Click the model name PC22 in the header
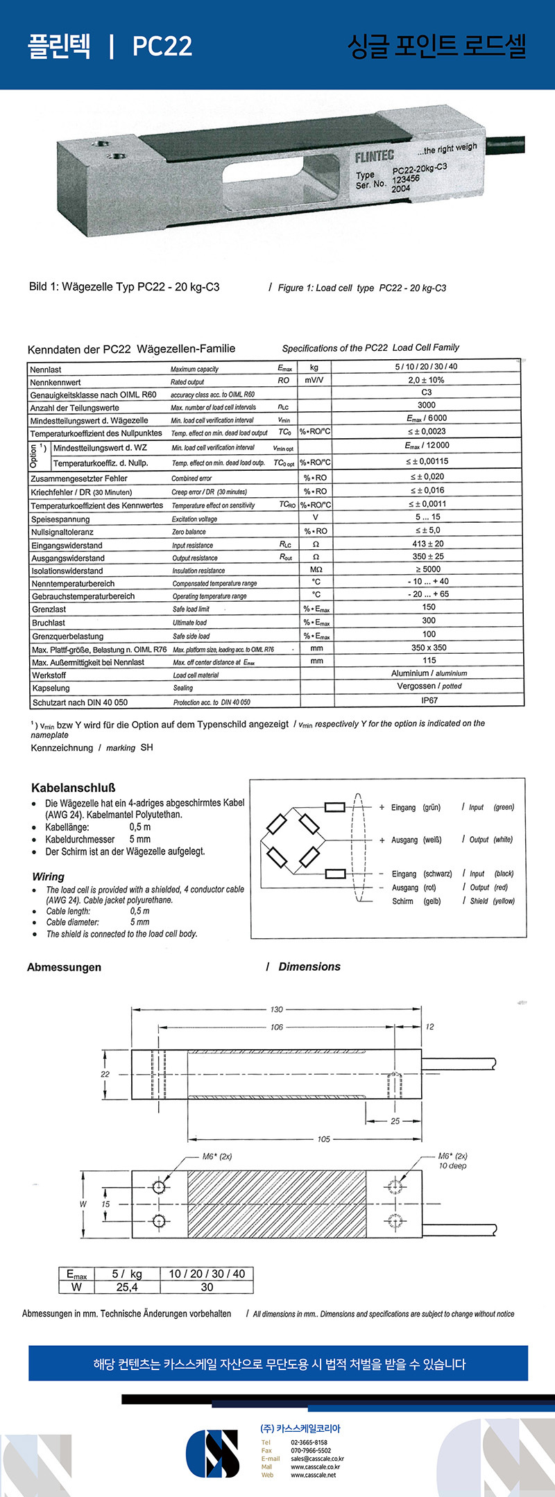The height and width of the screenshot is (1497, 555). (162, 46)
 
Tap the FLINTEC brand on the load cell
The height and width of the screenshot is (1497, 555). (374, 157)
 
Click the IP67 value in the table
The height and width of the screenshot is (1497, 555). (429, 700)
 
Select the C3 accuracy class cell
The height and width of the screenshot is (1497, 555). (427, 392)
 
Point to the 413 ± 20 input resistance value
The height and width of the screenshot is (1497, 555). (428, 544)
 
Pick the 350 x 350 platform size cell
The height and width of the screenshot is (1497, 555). (429, 648)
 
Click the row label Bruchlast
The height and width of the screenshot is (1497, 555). (49, 623)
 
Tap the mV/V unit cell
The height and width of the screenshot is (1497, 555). (314, 380)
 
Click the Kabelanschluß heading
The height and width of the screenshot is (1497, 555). (73, 788)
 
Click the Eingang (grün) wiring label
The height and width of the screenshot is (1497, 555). (416, 807)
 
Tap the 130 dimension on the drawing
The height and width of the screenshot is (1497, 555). (277, 1010)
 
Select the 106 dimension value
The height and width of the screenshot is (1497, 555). (277, 1027)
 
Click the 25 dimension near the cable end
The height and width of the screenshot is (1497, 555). (395, 1120)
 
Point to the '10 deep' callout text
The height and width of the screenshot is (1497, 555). (452, 1166)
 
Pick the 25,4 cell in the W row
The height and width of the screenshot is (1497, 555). (127, 1287)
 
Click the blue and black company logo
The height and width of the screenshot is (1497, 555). (212, 1453)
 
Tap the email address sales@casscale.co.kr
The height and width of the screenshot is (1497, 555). (317, 1458)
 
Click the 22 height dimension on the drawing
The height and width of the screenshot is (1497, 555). (105, 1074)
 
